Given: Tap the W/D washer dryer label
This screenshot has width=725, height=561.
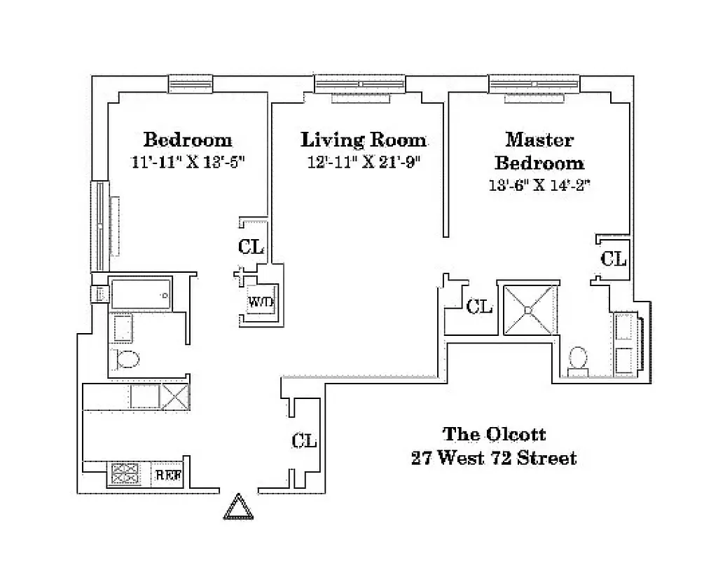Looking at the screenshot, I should (x=260, y=302).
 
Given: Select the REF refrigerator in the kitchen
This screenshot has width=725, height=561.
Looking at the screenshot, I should (x=168, y=475).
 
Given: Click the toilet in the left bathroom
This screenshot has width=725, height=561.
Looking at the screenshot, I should (x=127, y=359).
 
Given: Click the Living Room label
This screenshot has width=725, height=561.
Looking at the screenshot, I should (x=363, y=140).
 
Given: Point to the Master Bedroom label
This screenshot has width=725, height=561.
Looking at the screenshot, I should (x=539, y=151).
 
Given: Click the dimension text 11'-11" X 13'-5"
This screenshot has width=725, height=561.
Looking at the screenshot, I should (x=188, y=161).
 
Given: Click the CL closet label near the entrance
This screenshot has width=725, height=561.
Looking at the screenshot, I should (x=305, y=440).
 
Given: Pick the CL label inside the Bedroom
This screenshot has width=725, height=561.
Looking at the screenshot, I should (x=251, y=247).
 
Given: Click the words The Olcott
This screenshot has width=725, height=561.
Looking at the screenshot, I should (x=494, y=435).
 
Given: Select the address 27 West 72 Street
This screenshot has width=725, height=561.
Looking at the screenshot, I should (x=494, y=459).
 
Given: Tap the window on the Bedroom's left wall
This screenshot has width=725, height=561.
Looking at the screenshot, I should (x=101, y=226).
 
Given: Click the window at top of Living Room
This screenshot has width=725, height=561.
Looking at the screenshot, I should (x=360, y=84).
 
